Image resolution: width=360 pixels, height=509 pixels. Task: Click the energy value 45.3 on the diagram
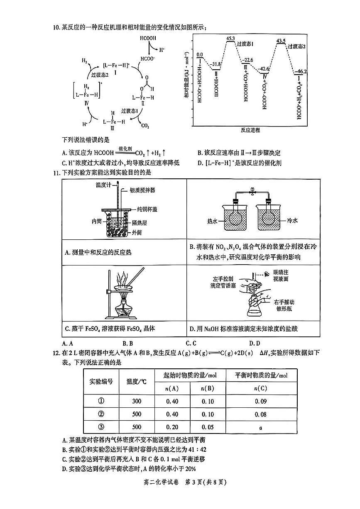pos(231,38)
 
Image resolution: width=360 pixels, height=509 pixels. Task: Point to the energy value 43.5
pos(281,41)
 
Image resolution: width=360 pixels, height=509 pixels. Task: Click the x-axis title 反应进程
pos(250,130)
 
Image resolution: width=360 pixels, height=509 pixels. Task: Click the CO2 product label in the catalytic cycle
pos(145,126)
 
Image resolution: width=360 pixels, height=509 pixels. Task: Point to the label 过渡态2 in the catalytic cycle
pos(100,75)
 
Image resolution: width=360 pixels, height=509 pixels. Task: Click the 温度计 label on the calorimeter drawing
pos(103,185)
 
